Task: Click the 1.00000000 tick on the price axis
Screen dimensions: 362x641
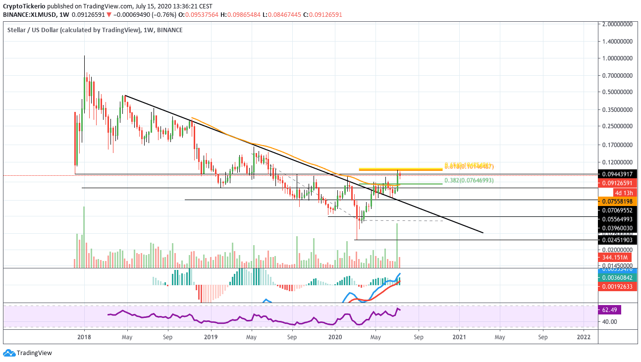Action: pyautogui.click(x=618, y=58)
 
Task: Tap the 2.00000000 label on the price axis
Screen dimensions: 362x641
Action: pyautogui.click(x=618, y=24)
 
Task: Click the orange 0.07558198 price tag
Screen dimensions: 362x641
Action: pyautogui.click(x=618, y=202)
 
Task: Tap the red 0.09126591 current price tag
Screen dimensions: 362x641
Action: pyautogui.click(x=618, y=183)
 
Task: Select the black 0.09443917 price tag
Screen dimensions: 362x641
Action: pyautogui.click(x=618, y=174)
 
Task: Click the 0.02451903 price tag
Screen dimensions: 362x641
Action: pyautogui.click(x=618, y=240)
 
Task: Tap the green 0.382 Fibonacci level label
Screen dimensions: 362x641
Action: pyautogui.click(x=468, y=181)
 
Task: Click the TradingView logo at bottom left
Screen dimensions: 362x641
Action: pyautogui.click(x=28, y=353)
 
